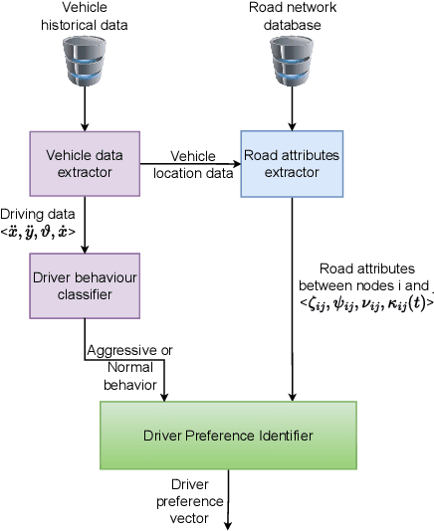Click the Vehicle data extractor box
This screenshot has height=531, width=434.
85,163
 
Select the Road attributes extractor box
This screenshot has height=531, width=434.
291,163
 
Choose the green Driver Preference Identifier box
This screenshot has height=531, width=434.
228,435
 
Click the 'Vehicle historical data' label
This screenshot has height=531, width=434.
85,15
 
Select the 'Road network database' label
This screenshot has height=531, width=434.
291,15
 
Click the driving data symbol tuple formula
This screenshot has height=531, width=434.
39,231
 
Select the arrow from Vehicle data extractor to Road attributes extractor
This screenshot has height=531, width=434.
189,163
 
